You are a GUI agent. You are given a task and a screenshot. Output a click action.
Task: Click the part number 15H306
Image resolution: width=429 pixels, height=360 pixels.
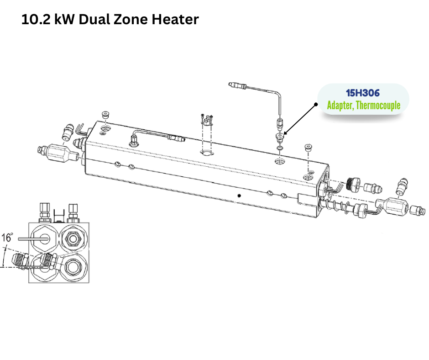[362, 93]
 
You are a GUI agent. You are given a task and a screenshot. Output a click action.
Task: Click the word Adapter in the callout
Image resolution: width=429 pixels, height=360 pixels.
[340, 106]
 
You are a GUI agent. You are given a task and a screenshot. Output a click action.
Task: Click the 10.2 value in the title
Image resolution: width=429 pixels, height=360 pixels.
[36, 20]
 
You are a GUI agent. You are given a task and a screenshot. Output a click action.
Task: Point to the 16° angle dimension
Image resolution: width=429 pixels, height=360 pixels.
[7, 237]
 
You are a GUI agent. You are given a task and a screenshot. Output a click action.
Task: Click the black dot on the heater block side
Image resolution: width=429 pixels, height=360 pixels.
[239, 196]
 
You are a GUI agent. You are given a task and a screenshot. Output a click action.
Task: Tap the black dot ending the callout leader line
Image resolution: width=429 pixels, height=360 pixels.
[316, 104]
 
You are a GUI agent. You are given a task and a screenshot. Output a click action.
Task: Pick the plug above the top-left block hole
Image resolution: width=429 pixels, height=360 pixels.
[105, 115]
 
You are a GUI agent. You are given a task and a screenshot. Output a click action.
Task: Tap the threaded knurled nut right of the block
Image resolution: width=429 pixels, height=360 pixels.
[353, 184]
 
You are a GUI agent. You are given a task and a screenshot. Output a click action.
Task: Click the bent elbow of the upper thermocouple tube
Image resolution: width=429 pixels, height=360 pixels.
[278, 95]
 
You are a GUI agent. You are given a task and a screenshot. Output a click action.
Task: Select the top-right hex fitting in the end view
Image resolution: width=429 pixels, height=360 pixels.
[73, 239]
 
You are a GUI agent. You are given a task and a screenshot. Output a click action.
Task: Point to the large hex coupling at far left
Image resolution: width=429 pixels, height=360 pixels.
[58, 152]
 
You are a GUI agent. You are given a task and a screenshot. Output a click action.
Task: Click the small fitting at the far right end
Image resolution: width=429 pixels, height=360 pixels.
[418, 211]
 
